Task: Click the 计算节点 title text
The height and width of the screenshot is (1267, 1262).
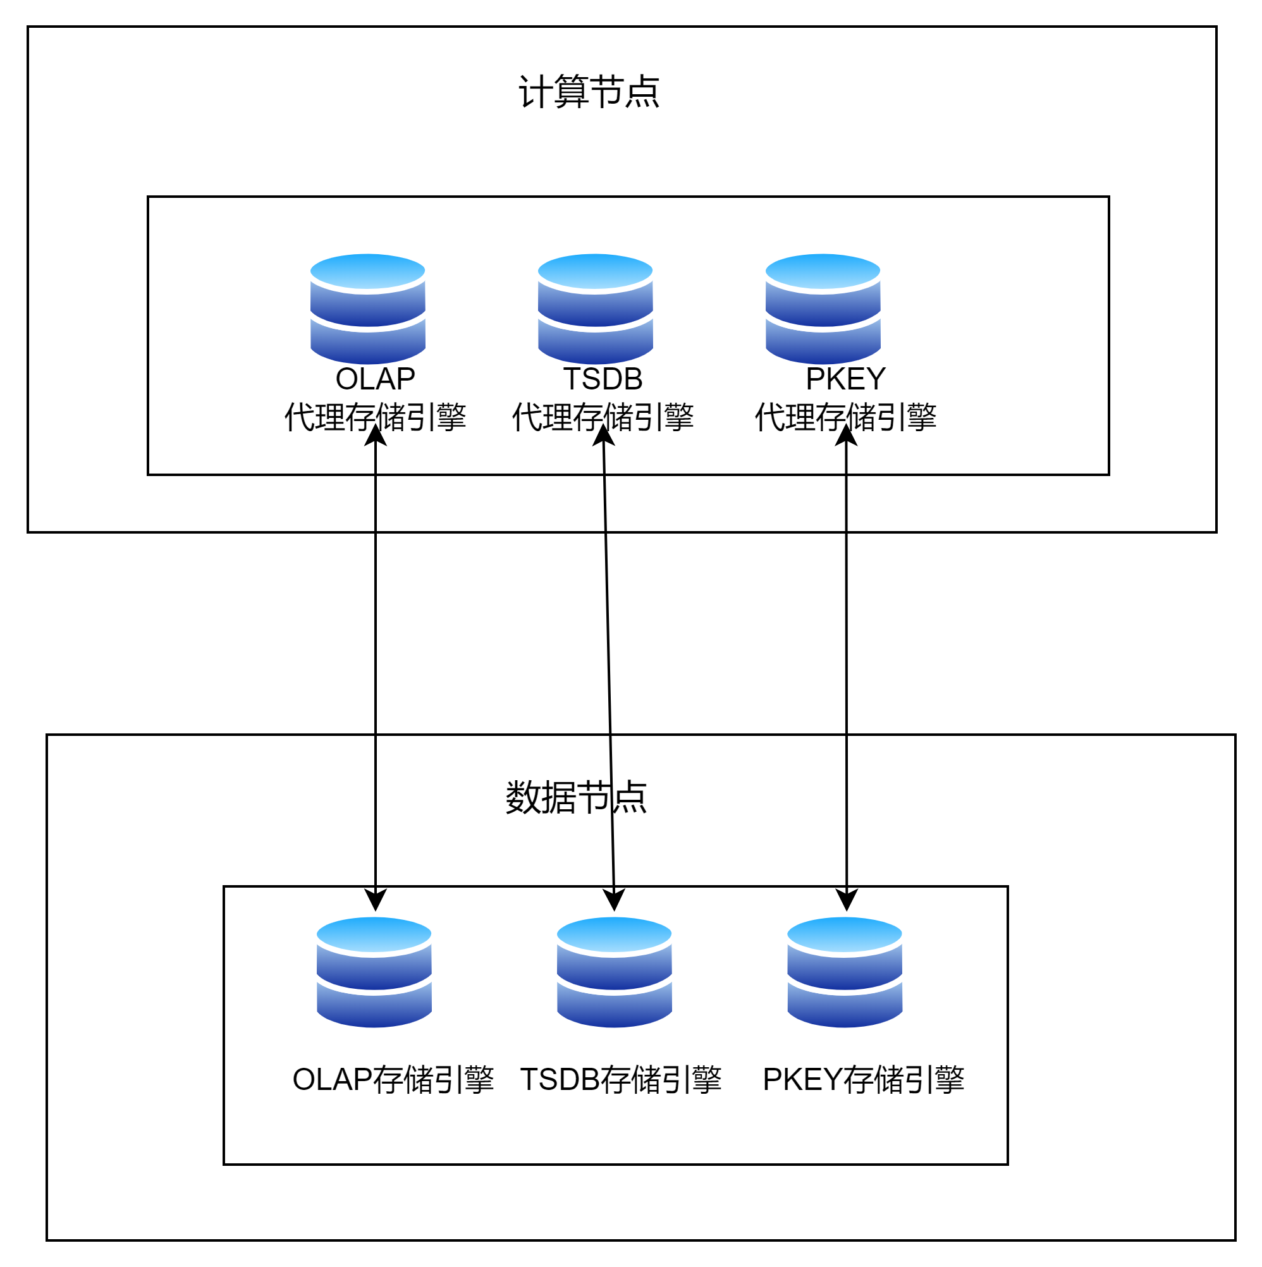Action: pyautogui.click(x=589, y=92)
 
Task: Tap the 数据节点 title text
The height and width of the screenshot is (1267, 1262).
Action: pyautogui.click(x=575, y=798)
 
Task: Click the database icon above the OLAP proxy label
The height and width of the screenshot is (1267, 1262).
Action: pyautogui.click(x=368, y=309)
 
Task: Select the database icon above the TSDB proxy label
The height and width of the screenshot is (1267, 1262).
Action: pyautogui.click(x=595, y=309)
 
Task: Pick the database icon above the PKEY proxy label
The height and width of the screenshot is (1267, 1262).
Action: pyautogui.click(x=823, y=309)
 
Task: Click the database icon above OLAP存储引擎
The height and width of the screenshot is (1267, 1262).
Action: pyautogui.click(x=374, y=972)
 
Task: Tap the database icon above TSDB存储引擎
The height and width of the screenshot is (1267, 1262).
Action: pyautogui.click(x=614, y=972)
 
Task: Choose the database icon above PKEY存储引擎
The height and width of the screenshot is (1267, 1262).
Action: pyautogui.click(x=844, y=972)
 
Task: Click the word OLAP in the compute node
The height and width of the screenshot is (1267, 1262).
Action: pyautogui.click(x=375, y=379)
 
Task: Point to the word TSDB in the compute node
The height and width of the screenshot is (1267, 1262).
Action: pyautogui.click(x=603, y=379)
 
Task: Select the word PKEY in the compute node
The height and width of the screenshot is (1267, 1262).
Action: pyautogui.click(x=845, y=379)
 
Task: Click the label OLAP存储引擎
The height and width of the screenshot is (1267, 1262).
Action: pyautogui.click(x=393, y=1080)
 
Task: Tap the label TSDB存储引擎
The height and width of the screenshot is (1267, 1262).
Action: pyautogui.click(x=620, y=1080)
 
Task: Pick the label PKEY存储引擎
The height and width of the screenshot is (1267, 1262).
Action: pyautogui.click(x=863, y=1080)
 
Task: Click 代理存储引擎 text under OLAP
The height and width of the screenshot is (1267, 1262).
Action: pyautogui.click(x=375, y=417)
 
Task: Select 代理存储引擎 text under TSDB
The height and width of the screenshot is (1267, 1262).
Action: pyautogui.click(x=603, y=417)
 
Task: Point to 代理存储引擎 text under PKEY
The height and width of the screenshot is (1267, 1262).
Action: pyautogui.click(x=845, y=417)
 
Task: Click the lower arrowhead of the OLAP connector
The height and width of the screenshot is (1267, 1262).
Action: pyautogui.click(x=375, y=900)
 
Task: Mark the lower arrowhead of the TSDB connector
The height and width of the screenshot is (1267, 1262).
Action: pyautogui.click(x=614, y=900)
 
